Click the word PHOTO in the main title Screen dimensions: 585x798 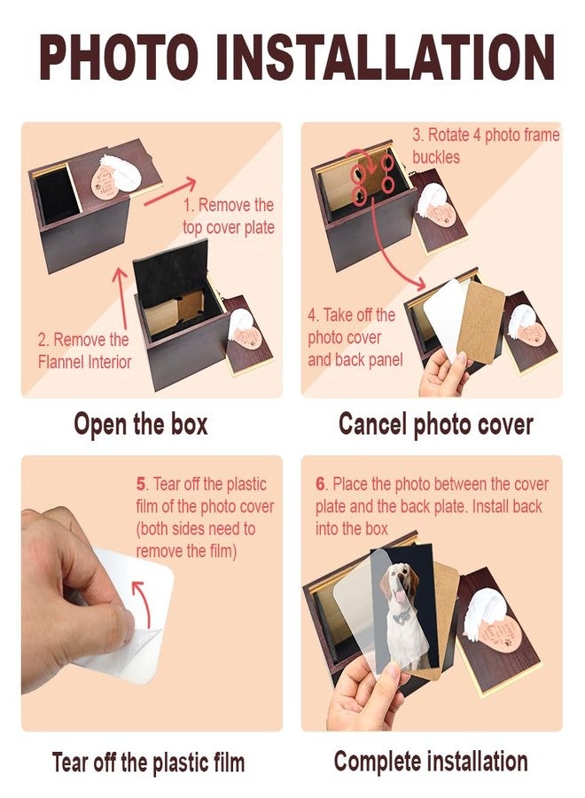119,57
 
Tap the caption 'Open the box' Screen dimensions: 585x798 141,425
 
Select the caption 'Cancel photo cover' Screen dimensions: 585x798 435,425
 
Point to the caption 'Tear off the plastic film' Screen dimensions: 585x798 149,763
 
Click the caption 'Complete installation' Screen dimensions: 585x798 431,762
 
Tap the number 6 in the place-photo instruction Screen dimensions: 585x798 320,483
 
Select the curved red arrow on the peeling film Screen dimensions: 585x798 143,603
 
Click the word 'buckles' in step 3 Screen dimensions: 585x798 436,157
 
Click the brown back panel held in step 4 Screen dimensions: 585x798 481,322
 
